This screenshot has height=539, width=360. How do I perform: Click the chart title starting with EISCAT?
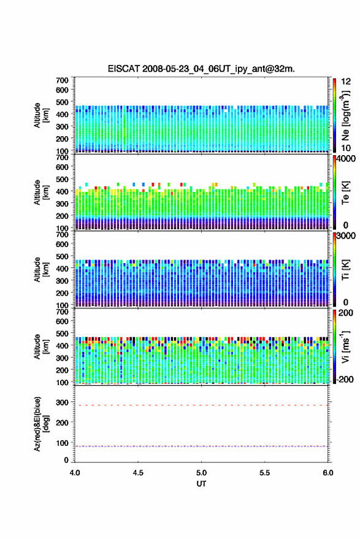pos(201,69)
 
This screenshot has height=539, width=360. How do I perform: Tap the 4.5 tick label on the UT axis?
pos(138,473)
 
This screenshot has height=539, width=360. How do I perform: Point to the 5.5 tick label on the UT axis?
pos(264,473)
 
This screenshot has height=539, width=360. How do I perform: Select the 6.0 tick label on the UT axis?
pos(327,473)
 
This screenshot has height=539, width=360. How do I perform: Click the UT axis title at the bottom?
pos(201,484)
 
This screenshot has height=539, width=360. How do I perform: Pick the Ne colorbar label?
pos(345,115)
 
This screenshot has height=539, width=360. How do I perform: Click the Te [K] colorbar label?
pos(345,193)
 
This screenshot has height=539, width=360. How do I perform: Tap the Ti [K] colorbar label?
pos(345,270)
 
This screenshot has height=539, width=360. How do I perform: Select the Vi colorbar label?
pos(345,346)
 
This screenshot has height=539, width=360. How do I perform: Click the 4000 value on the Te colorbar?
pos(346,159)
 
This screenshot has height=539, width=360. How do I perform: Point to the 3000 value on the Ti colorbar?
pos(346,236)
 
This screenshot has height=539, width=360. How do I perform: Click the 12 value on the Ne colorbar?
pos(346,82)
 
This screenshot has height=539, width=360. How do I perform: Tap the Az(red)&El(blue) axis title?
pos(41,424)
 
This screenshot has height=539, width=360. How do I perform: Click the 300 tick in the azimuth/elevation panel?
pos(62,402)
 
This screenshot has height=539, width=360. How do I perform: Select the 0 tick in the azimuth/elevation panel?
pos(66,460)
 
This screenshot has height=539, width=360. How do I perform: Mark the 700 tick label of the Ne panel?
pos(62,80)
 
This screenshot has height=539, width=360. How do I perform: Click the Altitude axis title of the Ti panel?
pos(41,270)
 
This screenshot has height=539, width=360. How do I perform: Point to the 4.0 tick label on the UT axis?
pos(75,473)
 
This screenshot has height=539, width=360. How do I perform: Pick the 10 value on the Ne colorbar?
pos(346,148)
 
